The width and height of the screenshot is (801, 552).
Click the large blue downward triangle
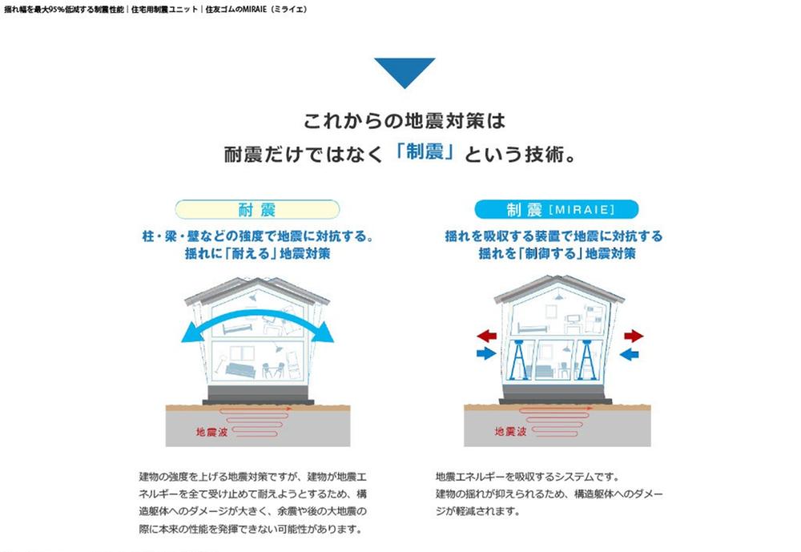(405, 71)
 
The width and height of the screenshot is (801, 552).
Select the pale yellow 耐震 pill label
(257, 210)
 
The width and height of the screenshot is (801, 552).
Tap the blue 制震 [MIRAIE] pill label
(557, 210)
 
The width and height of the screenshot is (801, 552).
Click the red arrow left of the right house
(487, 336)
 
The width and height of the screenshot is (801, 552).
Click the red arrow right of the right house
(634, 336)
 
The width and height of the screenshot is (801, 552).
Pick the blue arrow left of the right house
(486, 353)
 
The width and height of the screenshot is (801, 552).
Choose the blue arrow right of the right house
(629, 353)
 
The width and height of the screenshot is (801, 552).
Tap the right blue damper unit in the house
(587, 360)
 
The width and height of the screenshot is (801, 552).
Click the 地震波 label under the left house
(211, 433)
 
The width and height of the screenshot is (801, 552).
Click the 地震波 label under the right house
(509, 432)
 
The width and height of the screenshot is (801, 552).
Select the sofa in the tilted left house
(240, 371)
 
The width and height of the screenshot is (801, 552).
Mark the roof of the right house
(559, 288)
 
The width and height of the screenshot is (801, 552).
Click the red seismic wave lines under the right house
(555, 421)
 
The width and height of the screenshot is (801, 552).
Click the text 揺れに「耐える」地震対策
(257, 253)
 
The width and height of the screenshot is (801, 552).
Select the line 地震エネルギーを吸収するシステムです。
(528, 477)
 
